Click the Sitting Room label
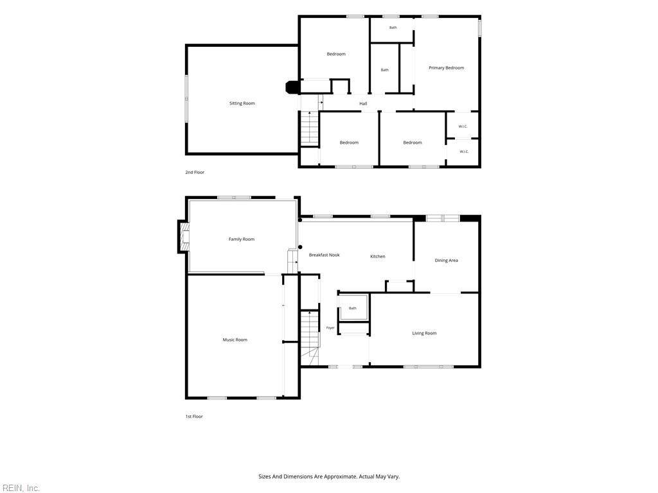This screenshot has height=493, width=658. point(242,103)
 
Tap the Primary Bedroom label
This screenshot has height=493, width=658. point(446,68)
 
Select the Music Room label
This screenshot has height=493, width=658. point(235,340)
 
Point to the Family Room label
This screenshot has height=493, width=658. point(242,239)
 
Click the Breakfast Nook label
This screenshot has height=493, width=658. point(325,255)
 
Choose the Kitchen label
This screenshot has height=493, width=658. point(378,256)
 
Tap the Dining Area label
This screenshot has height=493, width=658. point(446,261)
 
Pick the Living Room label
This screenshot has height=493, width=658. point(424,333)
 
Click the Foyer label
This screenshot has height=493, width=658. point(331,328)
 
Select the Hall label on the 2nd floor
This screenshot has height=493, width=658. point(364,103)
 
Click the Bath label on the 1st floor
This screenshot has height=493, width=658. point(353,308)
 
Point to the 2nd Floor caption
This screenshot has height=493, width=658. point(195,172)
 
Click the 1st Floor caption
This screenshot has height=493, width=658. point(194,417)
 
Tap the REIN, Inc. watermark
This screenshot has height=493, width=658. point(20,488)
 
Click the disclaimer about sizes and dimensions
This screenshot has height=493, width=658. point(329,477)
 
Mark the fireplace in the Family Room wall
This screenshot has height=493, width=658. point(183,237)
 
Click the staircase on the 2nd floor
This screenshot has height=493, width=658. point(310,128)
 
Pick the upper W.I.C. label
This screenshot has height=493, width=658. point(463,126)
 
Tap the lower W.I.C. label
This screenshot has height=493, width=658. point(464,151)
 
